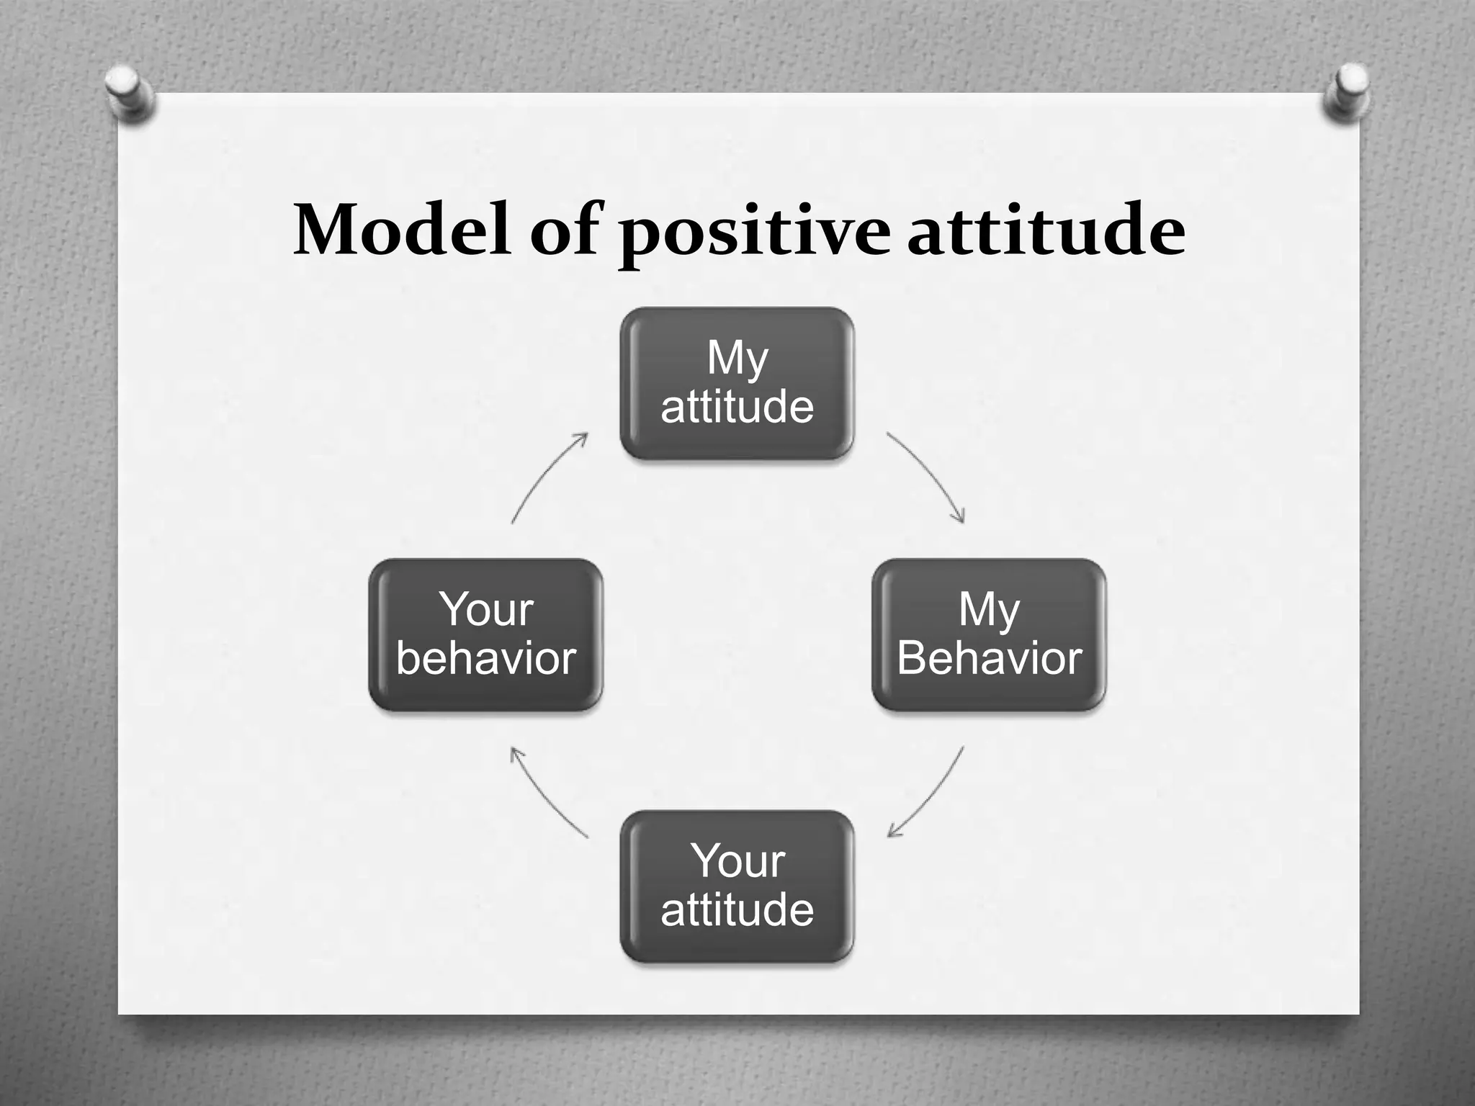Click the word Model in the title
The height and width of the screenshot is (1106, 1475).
click(x=402, y=230)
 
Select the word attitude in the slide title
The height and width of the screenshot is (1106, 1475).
click(x=1045, y=230)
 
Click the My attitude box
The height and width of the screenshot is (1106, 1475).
click(x=737, y=383)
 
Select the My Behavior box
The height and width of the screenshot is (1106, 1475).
click(x=989, y=634)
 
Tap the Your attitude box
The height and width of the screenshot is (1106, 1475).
click(x=737, y=886)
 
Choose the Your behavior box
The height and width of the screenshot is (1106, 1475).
click(x=485, y=634)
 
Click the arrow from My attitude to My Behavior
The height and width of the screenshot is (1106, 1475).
click(x=929, y=475)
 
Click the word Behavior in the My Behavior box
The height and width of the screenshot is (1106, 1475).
click(x=989, y=658)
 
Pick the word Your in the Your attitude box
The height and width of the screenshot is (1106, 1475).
click(x=737, y=861)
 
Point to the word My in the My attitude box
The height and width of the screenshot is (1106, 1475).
click(x=737, y=358)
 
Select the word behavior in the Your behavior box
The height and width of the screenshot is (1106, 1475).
click(x=485, y=658)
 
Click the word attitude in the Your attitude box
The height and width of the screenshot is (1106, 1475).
click(x=737, y=910)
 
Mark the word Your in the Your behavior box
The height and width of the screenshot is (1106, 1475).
click(x=486, y=610)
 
